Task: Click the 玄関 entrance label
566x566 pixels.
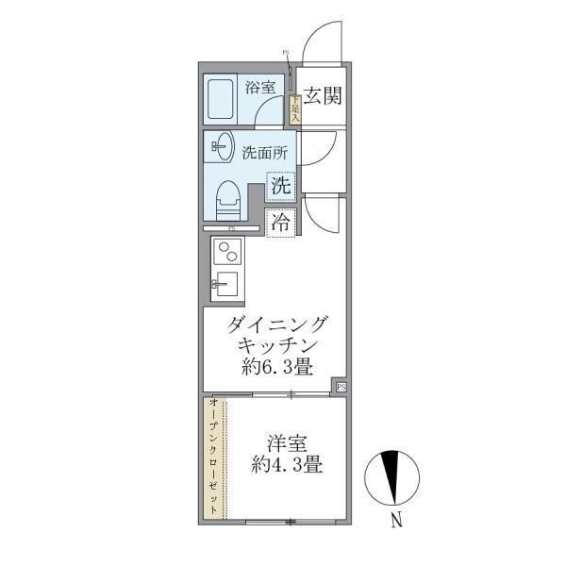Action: (x=323, y=95)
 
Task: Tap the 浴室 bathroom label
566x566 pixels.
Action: (x=259, y=88)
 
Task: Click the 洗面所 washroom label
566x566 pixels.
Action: (x=264, y=152)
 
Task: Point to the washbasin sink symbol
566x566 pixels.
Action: (x=224, y=147)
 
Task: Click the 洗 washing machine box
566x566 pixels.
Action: (x=281, y=186)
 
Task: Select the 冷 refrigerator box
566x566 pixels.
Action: (x=281, y=224)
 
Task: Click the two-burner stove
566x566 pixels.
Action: (x=227, y=252)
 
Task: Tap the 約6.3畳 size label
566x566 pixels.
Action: (x=277, y=366)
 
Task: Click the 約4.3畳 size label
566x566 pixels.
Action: (x=287, y=464)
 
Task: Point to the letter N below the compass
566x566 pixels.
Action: (x=398, y=519)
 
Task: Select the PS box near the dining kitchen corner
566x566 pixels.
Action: (x=341, y=386)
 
